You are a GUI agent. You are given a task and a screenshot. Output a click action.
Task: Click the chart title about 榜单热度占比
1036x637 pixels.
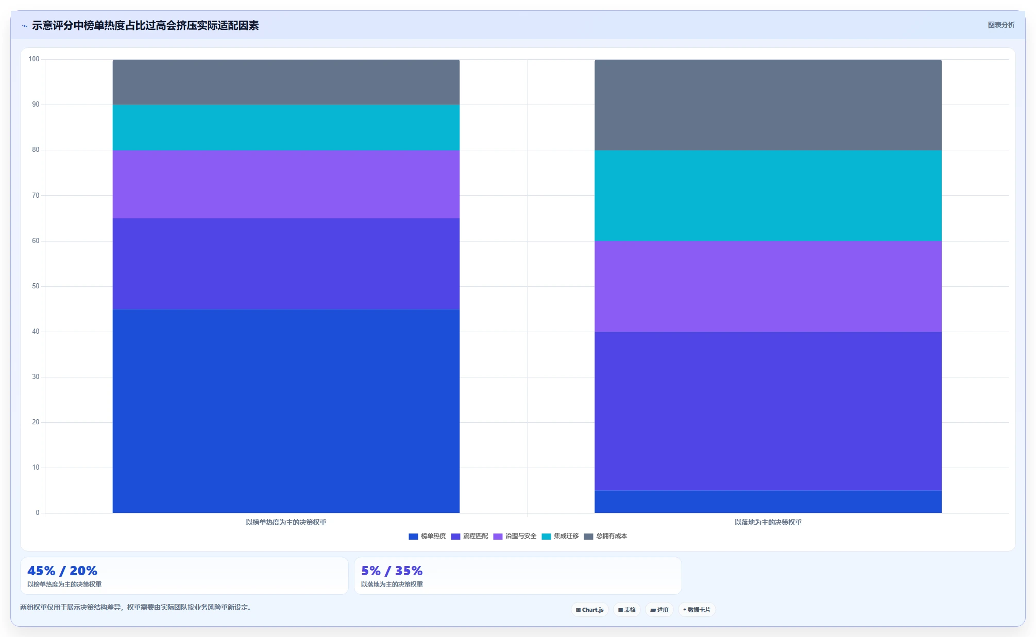(x=145, y=25)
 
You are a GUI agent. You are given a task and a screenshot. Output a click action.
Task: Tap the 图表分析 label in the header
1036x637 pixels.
(x=1001, y=25)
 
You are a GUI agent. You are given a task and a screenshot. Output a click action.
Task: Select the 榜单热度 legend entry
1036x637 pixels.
(x=427, y=536)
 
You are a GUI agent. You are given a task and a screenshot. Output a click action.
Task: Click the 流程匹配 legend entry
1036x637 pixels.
(x=469, y=536)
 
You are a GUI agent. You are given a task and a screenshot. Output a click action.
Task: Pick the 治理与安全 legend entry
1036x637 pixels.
(x=515, y=536)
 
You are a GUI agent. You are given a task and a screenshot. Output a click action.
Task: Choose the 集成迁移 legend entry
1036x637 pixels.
(x=560, y=536)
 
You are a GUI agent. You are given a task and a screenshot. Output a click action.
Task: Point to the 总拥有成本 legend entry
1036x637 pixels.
(x=605, y=536)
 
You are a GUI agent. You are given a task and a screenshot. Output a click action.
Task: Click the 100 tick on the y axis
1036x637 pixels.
(x=34, y=59)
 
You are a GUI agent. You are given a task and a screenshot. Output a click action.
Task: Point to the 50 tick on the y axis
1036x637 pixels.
(x=36, y=286)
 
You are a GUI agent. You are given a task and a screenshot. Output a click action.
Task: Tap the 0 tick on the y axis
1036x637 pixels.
(x=38, y=513)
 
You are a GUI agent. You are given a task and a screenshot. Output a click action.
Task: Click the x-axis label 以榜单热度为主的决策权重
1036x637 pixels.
(x=286, y=522)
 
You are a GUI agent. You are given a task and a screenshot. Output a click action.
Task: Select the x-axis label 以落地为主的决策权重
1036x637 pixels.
(x=768, y=522)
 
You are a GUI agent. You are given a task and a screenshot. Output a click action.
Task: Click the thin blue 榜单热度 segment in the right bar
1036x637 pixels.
(x=768, y=502)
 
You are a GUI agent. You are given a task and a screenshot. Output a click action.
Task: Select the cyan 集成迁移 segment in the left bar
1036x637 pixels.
(x=286, y=128)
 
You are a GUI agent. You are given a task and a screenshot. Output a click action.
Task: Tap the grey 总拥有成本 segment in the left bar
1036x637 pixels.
(x=286, y=82)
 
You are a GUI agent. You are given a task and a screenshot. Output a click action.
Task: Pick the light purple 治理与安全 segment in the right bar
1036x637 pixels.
(x=768, y=286)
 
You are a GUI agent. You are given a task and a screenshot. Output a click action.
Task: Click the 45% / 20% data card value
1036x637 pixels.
(x=62, y=571)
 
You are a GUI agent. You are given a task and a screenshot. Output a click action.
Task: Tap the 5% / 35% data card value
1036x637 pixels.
(x=392, y=571)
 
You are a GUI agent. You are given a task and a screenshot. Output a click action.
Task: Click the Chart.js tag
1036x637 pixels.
(x=590, y=610)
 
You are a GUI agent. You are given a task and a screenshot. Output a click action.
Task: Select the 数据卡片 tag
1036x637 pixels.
(x=697, y=610)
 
